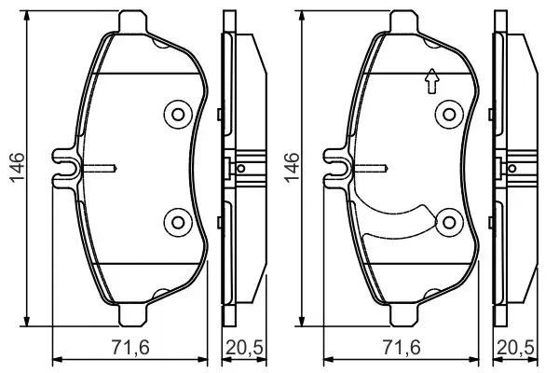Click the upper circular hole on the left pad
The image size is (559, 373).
tap(176, 115)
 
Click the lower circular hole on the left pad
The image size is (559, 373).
tap(176, 221)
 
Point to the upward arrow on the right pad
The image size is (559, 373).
tap(429, 83)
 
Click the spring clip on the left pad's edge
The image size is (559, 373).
tap(67, 168)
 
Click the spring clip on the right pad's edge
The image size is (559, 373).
tap(337, 168)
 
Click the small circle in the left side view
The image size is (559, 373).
tap(241, 169)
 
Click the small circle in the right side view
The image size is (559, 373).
tap(512, 169)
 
